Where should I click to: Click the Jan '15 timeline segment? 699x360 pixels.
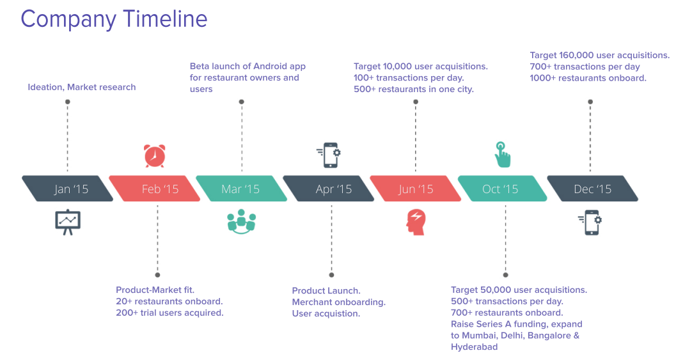[68, 189]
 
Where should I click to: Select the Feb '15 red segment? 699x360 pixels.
[155, 189]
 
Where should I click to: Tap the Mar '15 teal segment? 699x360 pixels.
[242, 189]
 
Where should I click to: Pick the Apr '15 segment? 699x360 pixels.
[329, 189]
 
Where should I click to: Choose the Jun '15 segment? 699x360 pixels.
[416, 189]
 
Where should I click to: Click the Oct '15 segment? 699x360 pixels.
[503, 189]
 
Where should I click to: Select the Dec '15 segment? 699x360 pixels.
[592, 189]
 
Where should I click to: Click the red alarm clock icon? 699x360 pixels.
[155, 156]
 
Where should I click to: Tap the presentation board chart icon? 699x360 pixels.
[68, 222]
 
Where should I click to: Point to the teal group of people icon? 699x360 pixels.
[242, 221]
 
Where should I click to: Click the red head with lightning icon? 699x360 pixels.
[416, 223]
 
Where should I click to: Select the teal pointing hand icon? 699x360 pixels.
[503, 155]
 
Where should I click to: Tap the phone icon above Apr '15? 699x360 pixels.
[329, 155]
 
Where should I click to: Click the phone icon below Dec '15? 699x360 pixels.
[590, 223]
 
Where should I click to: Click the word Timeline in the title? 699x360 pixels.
[165, 19]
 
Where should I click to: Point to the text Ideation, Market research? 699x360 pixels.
[82, 88]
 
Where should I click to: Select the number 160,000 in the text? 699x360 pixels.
[576, 56]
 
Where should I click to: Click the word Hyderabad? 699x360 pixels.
[475, 347]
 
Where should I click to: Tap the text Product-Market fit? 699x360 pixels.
[155, 290]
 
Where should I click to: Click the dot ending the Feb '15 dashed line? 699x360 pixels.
[157, 275]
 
